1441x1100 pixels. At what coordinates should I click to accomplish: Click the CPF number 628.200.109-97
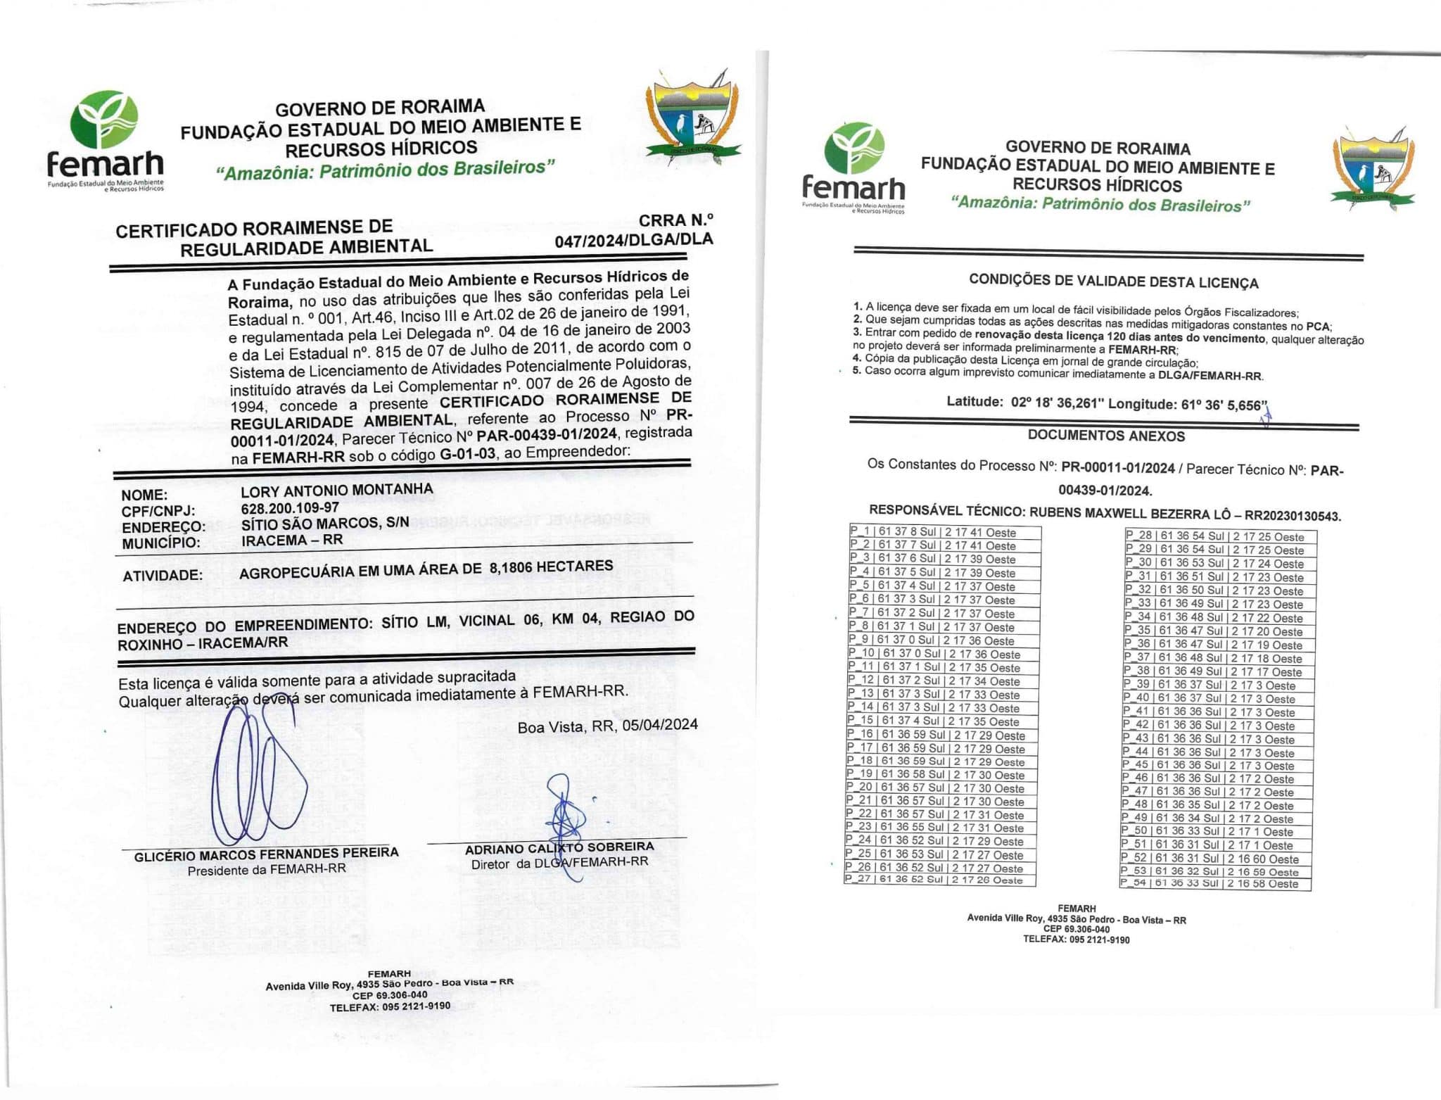pos(290,507)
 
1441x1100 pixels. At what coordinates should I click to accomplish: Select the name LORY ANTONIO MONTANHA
pos(337,490)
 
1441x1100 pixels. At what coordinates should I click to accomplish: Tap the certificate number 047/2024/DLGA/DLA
pos(633,240)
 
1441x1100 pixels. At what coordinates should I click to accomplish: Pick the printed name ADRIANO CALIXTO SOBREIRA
pos(559,848)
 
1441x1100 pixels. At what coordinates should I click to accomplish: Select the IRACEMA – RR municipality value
pos(292,540)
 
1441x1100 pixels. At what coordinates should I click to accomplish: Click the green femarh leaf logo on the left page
pos(106,120)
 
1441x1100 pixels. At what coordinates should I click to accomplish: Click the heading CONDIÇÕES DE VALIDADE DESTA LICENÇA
pos(1113,282)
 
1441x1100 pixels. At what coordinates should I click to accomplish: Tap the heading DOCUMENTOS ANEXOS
pos(1106,436)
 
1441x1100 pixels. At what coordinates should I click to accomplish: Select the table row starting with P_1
pos(943,533)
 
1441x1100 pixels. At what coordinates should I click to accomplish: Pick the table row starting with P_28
pos(1220,536)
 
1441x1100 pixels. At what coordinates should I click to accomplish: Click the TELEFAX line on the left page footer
pos(390,1007)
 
